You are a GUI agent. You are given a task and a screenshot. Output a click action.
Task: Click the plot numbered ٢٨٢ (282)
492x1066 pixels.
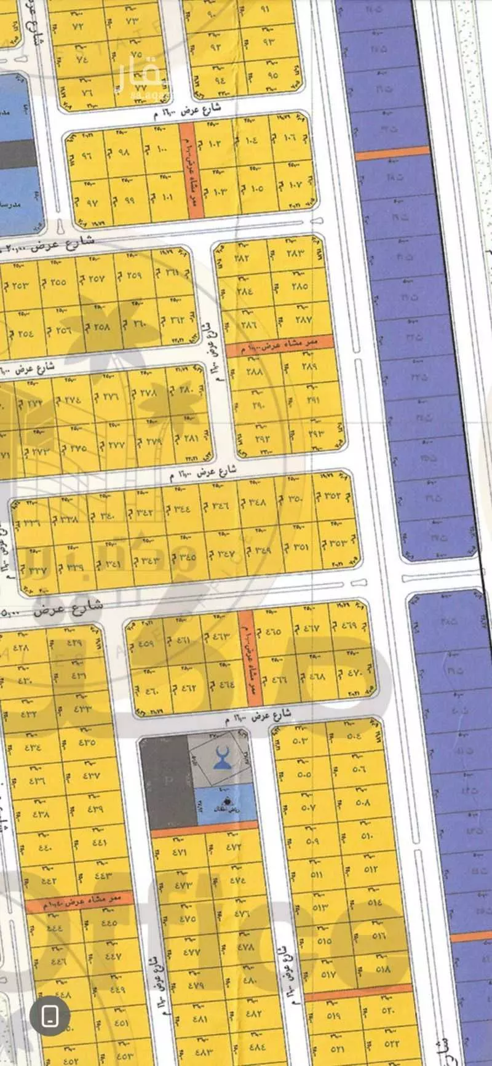coord(242,258)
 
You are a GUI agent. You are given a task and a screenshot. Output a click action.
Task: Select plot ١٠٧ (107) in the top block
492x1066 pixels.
coord(293,184)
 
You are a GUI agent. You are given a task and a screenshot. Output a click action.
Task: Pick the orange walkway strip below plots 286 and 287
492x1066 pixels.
coord(280,348)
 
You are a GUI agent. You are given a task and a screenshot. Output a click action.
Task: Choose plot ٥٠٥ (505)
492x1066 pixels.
coord(304,774)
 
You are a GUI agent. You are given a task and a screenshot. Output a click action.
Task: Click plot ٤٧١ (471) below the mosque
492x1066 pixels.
coord(179,852)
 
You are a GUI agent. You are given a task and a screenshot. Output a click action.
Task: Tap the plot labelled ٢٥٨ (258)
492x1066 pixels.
coord(102,327)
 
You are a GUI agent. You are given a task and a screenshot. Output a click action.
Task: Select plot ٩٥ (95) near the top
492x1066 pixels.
coord(272,76)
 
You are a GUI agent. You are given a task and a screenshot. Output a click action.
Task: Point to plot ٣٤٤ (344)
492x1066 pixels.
coord(182,509)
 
